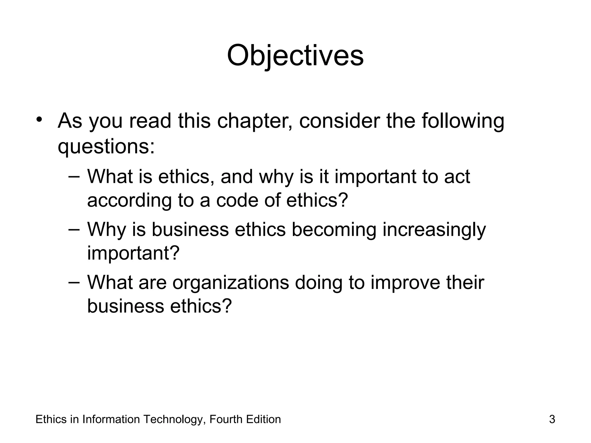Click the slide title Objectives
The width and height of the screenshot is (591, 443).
pos(295,55)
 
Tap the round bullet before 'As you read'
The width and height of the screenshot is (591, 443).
pos(40,119)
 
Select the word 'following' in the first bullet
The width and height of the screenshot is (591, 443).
pos(463,121)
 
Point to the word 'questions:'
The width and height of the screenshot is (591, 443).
pos(106,147)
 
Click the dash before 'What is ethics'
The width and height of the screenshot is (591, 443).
pos(74,176)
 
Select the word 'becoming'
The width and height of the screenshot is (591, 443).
pos(334,230)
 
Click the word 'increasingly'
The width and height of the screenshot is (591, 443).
pos(434,230)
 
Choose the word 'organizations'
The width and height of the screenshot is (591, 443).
pos(231,283)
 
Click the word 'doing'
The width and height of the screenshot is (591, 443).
pos(318,283)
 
